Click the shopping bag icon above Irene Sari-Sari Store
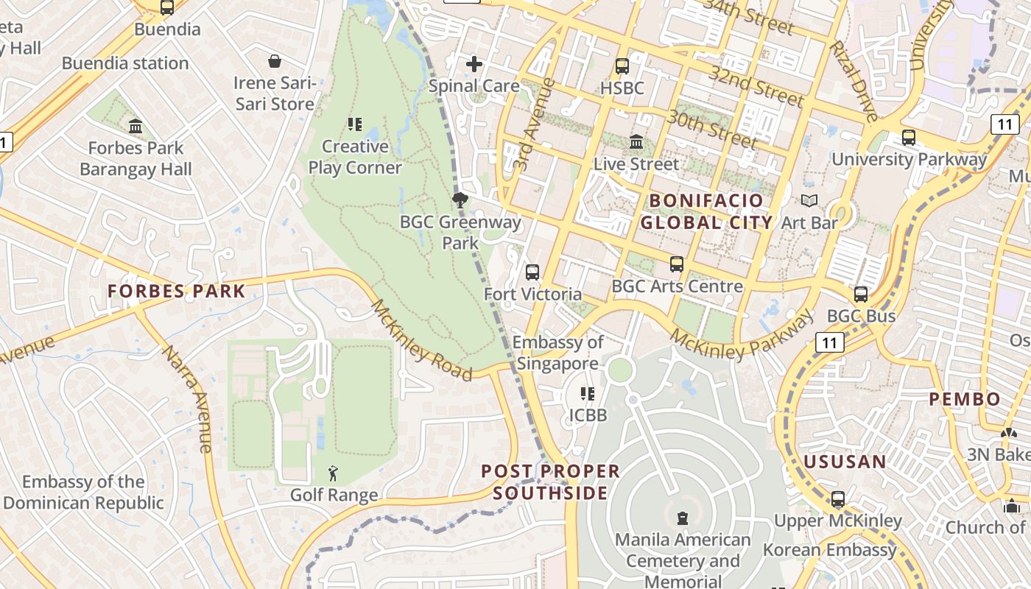tap(275, 60)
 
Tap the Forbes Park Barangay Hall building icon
tap(136, 126)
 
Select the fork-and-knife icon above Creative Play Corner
tap(355, 124)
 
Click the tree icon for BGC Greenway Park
tap(460, 200)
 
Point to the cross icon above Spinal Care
tap(474, 64)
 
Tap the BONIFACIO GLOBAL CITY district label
tap(706, 211)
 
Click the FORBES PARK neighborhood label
tap(176, 291)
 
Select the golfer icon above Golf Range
tap(334, 473)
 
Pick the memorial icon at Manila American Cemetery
tap(683, 518)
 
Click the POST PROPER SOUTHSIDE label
tap(551, 482)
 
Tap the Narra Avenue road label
tap(187, 398)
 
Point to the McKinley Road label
tap(421, 340)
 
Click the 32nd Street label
tap(756, 85)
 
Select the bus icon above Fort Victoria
tap(532, 272)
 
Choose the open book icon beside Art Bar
tap(809, 200)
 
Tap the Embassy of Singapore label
tap(557, 353)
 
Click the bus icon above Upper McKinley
tap(837, 499)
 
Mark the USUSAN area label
tap(845, 462)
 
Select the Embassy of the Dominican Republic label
tap(83, 493)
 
